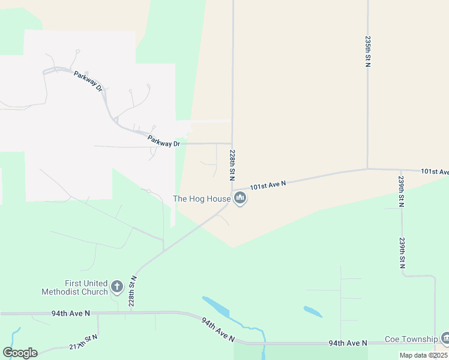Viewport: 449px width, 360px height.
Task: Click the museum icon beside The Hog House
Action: [x=240, y=197]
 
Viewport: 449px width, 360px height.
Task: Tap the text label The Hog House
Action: [x=202, y=199]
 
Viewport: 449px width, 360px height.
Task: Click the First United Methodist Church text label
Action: [x=74, y=287]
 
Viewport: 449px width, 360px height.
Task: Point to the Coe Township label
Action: [x=411, y=340]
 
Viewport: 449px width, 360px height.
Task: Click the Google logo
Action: [x=20, y=353]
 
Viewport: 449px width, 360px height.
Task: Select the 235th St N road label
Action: [x=367, y=50]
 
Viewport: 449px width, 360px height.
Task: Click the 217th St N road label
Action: [x=83, y=343]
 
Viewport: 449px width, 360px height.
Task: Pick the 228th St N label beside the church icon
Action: [x=134, y=292]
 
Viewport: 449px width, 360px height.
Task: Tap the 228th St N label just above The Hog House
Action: [x=232, y=166]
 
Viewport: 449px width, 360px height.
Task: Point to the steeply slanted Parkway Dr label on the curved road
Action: [x=89, y=82]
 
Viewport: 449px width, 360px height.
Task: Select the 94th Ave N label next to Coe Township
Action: [x=348, y=343]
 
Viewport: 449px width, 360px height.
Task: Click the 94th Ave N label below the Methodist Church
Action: [x=70, y=313]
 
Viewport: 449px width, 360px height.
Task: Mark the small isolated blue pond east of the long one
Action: [x=313, y=311]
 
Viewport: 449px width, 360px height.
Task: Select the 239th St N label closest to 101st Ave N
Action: [x=402, y=192]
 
